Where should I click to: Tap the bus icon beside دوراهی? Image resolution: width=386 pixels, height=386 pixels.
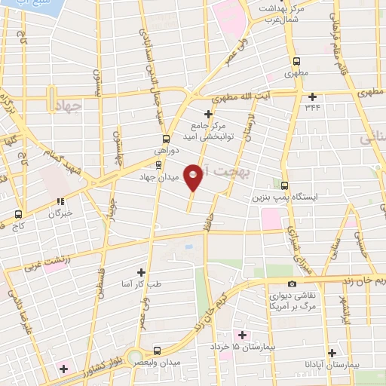(166, 139)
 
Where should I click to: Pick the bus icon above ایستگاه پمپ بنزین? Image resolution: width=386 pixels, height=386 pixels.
(284, 185)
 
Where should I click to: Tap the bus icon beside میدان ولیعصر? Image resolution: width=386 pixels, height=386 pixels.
(157, 351)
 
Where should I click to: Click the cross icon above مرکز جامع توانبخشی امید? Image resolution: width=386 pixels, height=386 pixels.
(207, 114)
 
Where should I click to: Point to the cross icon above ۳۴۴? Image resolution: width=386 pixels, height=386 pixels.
(312, 96)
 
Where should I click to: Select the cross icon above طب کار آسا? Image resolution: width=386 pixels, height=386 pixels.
(140, 271)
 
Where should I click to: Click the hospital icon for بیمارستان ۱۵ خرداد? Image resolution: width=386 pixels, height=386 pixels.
(241, 335)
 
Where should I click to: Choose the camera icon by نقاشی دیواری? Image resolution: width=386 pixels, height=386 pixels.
(293, 283)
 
